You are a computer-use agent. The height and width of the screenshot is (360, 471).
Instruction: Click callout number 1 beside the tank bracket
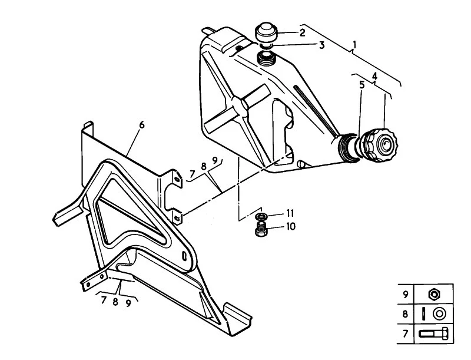coord(355,45)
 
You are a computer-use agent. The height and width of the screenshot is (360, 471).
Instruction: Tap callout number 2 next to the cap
coord(302,32)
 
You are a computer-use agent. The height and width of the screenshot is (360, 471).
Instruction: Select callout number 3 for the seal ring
coord(321,45)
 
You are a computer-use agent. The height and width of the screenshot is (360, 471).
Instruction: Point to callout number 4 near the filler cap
coord(374,77)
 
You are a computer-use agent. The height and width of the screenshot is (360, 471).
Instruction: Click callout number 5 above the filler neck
coord(362,85)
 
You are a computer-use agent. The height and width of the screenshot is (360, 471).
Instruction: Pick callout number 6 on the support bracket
coord(142,124)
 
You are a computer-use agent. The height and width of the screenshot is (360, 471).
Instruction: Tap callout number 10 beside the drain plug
coord(290,226)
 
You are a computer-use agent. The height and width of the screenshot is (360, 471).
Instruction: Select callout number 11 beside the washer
coord(290,213)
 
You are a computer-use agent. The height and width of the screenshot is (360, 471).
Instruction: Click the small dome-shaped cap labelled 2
coord(266,32)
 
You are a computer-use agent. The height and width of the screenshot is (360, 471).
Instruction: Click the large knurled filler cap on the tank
coord(379,144)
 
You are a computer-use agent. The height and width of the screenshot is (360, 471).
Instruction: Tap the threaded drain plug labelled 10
coord(260,229)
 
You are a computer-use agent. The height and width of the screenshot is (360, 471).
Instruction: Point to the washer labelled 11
coord(261,216)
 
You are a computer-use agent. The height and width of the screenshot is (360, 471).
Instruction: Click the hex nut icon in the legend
coord(434,293)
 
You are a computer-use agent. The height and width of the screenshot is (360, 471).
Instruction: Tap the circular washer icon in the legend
coord(439,314)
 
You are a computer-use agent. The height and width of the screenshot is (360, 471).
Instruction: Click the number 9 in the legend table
coord(406,294)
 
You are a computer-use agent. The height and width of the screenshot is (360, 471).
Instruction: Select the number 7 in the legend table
coord(406,333)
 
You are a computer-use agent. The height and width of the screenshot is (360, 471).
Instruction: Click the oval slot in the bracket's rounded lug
coord(184,256)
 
